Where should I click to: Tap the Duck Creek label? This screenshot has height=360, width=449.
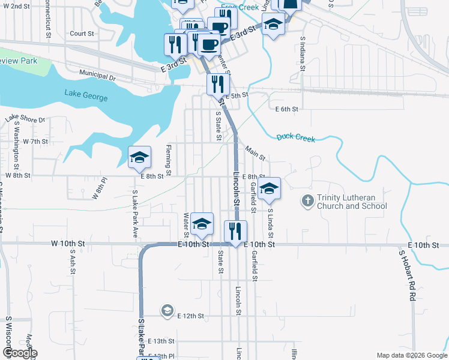pos(296,138)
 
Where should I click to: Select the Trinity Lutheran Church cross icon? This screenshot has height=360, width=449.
pos(307,200)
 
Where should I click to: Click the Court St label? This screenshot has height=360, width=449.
pos(82,34)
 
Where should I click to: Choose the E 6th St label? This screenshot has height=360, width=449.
pos(287,109)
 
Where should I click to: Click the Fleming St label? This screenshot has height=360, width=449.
pos(169,160)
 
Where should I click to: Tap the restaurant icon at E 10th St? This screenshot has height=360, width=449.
pos(235,231)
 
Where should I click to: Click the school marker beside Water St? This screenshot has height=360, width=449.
pos(202,223)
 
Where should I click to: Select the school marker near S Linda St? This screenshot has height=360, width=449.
pos(270,188)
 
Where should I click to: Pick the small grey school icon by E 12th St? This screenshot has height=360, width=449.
pos(167,310)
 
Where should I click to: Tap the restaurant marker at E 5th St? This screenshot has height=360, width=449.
pos(218,83)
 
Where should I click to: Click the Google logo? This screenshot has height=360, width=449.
pos(20,353)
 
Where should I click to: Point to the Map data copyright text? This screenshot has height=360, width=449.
pos(412,355)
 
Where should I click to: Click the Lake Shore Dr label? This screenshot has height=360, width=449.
pos(25,119)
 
